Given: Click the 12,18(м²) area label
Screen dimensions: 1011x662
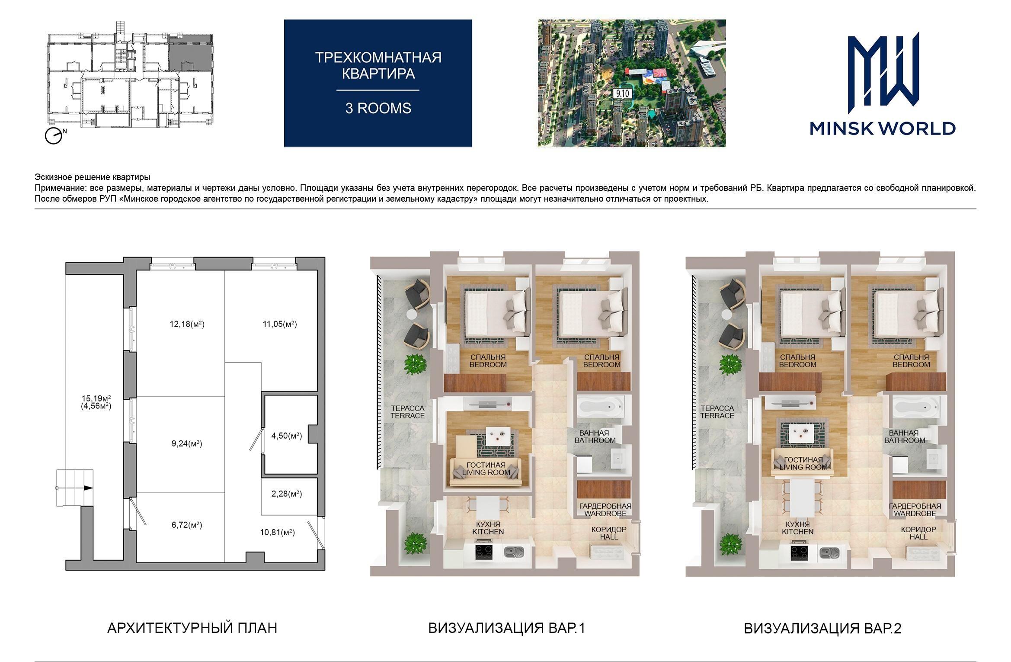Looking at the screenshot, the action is point(187,324).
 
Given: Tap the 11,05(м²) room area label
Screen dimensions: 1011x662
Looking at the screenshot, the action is point(280,324).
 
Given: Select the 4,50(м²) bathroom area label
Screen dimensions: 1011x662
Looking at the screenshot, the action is point(286,436).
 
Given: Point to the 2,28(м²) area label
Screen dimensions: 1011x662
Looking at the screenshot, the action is point(286,494).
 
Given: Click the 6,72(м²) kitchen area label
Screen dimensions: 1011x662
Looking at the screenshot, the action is point(187,525).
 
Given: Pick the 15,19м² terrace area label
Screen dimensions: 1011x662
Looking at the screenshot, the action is point(96,398).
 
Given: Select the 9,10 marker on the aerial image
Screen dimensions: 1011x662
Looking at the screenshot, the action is point(622,93).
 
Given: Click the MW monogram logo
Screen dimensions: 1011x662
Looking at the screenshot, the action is point(883,69).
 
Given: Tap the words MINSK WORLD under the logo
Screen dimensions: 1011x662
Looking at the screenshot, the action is point(883,129).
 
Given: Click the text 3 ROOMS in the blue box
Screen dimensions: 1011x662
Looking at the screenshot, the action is point(378,108).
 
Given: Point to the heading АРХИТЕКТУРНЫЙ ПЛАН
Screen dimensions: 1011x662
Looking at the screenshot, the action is point(192,628).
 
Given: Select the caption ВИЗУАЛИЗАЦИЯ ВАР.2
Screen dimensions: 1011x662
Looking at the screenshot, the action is point(822,628).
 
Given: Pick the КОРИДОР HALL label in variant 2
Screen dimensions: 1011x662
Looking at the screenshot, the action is point(918,533).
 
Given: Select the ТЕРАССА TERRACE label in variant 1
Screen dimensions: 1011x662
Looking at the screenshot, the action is point(408,412).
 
